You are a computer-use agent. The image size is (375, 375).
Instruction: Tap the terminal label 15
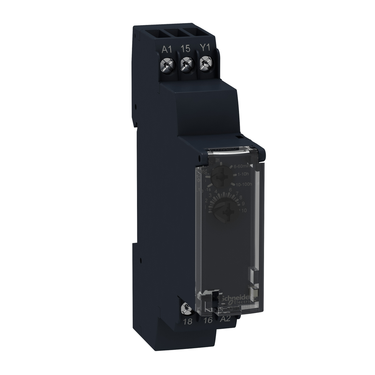click(x=185, y=49)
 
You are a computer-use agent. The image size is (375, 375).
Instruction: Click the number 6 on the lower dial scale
click(x=230, y=190)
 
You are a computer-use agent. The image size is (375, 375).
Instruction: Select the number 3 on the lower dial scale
click(x=210, y=194)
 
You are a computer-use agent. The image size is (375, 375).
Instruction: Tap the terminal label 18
click(x=187, y=322)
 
